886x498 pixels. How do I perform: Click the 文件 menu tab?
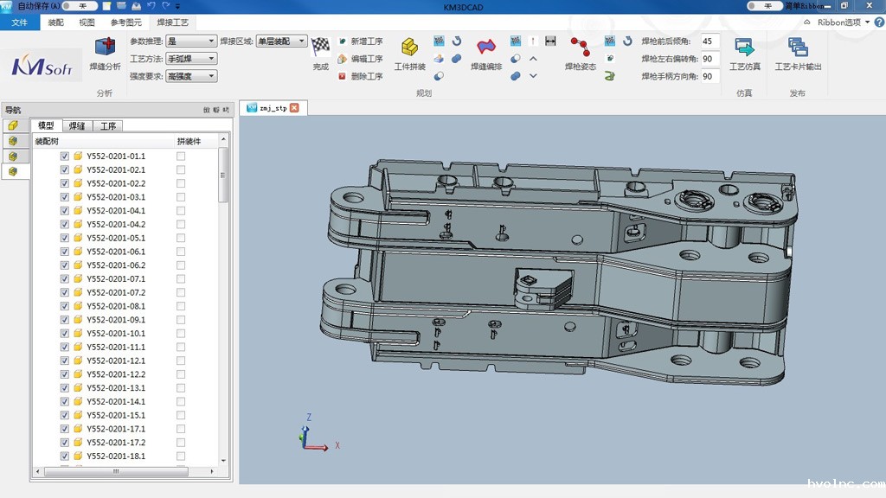tap(20, 22)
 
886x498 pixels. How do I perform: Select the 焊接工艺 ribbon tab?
tap(173, 22)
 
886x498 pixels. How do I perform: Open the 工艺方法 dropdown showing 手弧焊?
tap(191, 59)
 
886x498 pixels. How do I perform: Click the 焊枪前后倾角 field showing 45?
tap(708, 41)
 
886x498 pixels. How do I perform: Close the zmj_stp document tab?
tap(294, 108)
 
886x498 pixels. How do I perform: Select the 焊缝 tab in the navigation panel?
tap(77, 126)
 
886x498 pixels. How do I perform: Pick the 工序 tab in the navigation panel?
tap(107, 126)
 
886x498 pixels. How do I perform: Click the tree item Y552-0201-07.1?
tap(116, 279)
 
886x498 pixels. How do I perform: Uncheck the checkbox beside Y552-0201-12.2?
tap(65, 374)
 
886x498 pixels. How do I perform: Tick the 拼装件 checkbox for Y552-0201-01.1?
tap(181, 156)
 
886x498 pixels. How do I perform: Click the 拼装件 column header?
tap(189, 141)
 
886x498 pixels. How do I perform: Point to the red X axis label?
tap(337, 445)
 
